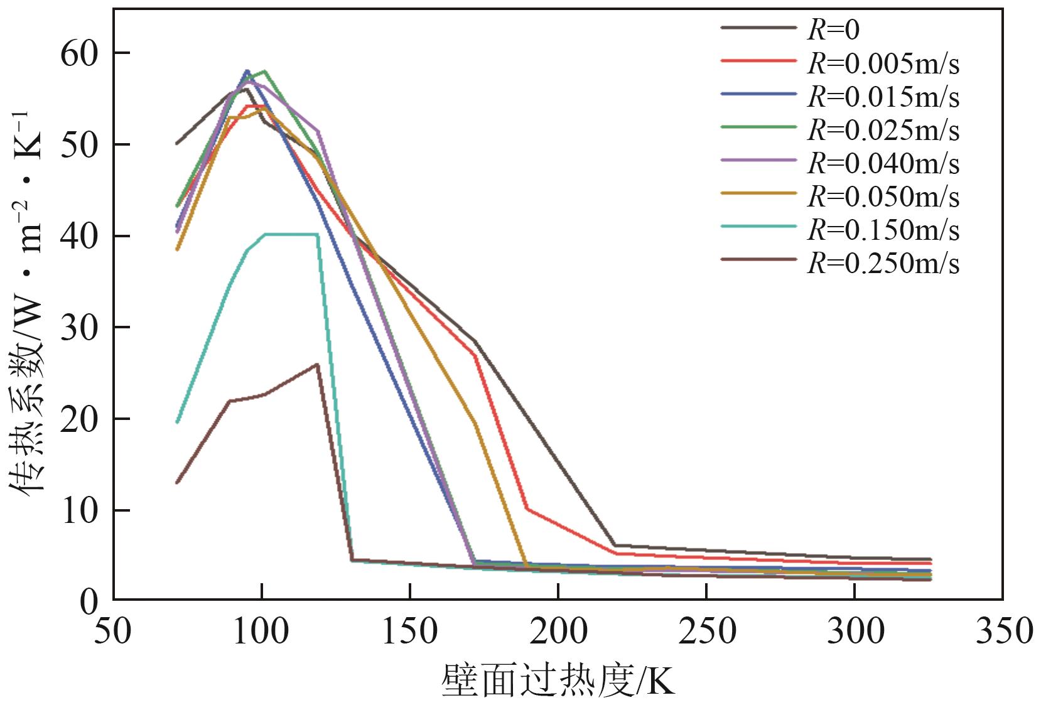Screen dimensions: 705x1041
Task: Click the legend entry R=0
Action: click(x=833, y=29)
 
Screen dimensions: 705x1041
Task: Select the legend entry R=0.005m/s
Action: click(x=883, y=63)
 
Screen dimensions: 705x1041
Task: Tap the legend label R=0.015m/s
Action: click(x=883, y=96)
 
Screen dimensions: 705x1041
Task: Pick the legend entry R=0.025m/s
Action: click(x=883, y=129)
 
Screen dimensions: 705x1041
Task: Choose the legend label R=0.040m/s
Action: click(x=883, y=163)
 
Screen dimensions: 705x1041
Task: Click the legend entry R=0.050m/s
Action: click(x=883, y=196)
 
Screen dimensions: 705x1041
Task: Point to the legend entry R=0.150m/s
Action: click(x=883, y=229)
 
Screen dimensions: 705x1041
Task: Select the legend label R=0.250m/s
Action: click(x=883, y=262)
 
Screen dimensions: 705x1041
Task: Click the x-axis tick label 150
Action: click(x=409, y=630)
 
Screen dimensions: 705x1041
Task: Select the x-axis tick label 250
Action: click(x=706, y=630)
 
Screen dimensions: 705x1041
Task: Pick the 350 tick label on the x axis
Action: click(x=1003, y=630)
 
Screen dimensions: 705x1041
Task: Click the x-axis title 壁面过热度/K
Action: click(x=558, y=681)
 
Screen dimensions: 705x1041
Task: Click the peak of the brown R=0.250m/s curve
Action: click(x=317, y=364)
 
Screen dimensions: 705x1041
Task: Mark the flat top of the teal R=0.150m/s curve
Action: click(x=291, y=234)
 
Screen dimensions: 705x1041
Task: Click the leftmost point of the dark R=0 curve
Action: click(x=177, y=143)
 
